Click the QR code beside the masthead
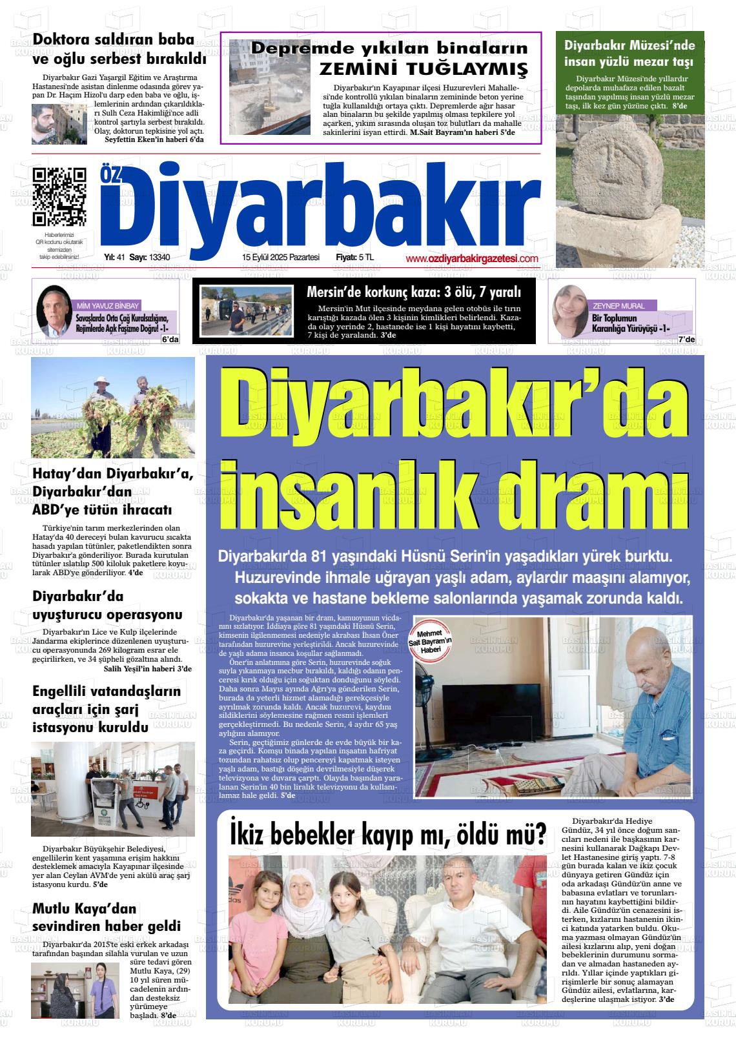pos(59,195)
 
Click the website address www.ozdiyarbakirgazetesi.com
pos(472,258)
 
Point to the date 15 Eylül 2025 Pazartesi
pos(281,258)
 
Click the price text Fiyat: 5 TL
pos(354,258)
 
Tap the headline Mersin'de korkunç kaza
pos(413,292)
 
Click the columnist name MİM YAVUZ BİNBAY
pos(108,306)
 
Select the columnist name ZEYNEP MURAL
pos(618,306)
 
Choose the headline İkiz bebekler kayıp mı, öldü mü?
pos(387,834)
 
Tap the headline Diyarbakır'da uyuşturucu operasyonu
pos(107,605)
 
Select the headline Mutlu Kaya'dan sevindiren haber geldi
pos(107,917)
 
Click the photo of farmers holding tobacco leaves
pos(113,407)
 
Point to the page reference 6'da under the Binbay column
pos(170,339)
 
